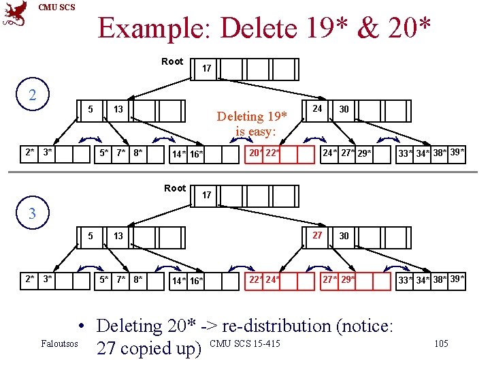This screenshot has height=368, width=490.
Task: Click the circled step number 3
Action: point(33,214)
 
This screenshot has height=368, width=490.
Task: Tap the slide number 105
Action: point(441,343)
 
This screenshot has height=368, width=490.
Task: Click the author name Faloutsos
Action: point(59,343)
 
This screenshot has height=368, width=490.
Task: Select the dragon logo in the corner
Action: point(15,14)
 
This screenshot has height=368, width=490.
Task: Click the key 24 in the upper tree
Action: point(316,108)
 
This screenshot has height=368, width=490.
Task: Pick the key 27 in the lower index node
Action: point(317,235)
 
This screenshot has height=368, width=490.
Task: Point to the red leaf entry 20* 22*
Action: point(263,153)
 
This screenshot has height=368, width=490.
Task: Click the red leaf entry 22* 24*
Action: point(263,279)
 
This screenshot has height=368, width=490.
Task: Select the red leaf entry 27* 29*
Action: point(338,279)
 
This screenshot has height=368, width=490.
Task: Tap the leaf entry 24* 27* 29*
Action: point(346,153)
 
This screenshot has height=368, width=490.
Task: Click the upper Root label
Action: point(172,61)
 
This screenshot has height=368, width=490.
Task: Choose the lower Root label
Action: point(175,188)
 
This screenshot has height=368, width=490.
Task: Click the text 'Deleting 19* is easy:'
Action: point(252,123)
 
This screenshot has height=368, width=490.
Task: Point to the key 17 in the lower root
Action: point(207,196)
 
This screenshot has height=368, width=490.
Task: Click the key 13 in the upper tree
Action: point(118,110)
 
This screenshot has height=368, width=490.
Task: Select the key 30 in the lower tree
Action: point(344,236)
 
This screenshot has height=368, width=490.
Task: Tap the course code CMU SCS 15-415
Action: point(246,342)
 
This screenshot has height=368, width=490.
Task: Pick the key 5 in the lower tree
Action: point(91,236)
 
